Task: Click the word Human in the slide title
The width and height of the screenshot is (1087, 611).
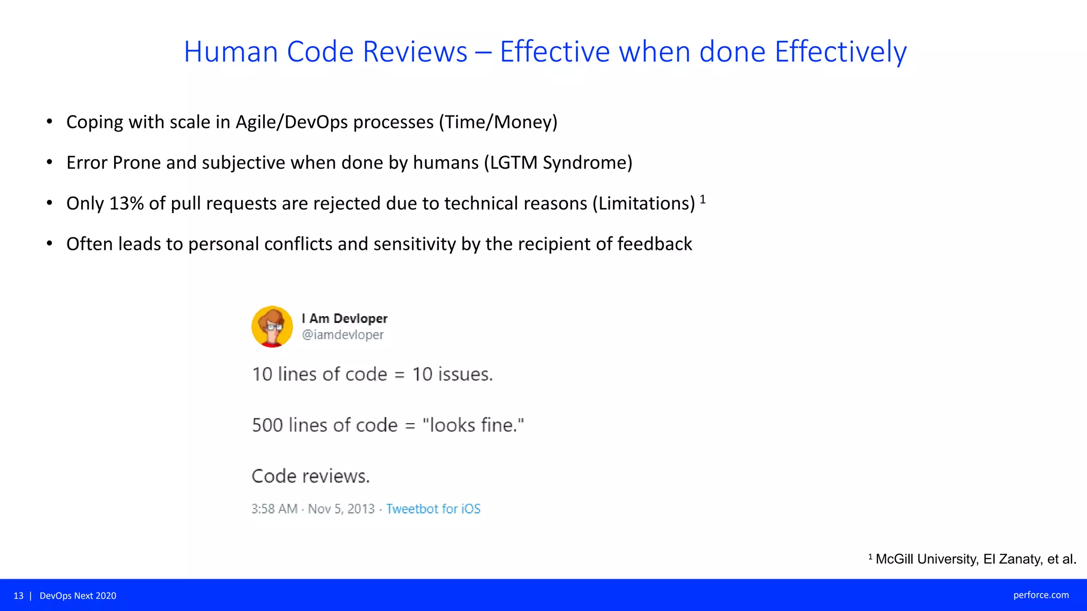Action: pos(231,52)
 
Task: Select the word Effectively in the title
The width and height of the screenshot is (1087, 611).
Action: pos(840,52)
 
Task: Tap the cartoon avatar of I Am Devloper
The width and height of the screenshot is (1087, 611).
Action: pos(272,327)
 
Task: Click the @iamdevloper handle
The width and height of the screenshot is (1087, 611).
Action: pos(343,335)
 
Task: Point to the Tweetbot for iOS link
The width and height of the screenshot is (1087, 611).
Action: pos(433,509)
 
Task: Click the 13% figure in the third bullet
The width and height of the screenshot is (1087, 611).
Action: pos(126,203)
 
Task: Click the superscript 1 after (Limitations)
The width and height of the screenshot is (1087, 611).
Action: pos(703,199)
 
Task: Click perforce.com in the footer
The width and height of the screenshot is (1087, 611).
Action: pos(1041,595)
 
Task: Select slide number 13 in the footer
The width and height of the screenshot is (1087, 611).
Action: pos(19,596)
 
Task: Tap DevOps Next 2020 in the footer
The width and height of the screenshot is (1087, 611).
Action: pos(78,596)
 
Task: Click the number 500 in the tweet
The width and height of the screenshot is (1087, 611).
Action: pos(267,425)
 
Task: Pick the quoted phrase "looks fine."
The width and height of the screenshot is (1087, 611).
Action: pos(473,425)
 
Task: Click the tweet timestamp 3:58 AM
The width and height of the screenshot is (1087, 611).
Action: pos(274,509)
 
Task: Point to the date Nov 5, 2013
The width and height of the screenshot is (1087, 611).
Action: pos(341,509)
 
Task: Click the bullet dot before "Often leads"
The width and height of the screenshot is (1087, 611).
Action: pos(49,244)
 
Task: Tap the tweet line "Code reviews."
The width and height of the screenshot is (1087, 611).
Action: pos(310,476)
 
